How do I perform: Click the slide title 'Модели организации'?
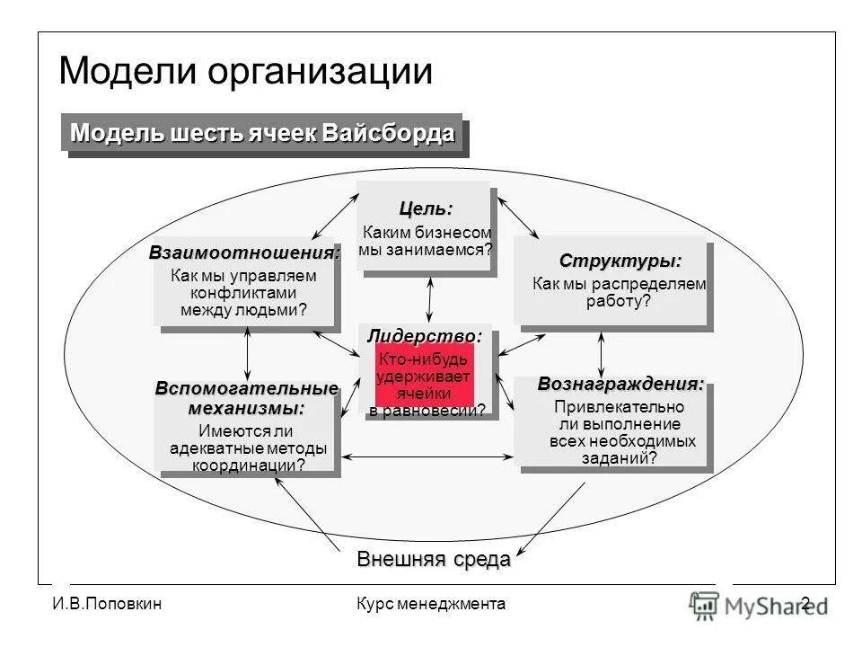tap(245, 71)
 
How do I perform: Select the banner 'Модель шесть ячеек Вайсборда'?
tap(262, 134)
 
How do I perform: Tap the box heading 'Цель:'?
tap(426, 208)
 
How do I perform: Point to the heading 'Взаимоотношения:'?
tap(244, 253)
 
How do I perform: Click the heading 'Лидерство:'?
tap(425, 336)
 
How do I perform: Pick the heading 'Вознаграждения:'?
tap(620, 385)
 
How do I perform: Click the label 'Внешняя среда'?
tap(434, 558)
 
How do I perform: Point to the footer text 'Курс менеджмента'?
tap(430, 604)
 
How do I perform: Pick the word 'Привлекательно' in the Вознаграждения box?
tap(619, 408)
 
